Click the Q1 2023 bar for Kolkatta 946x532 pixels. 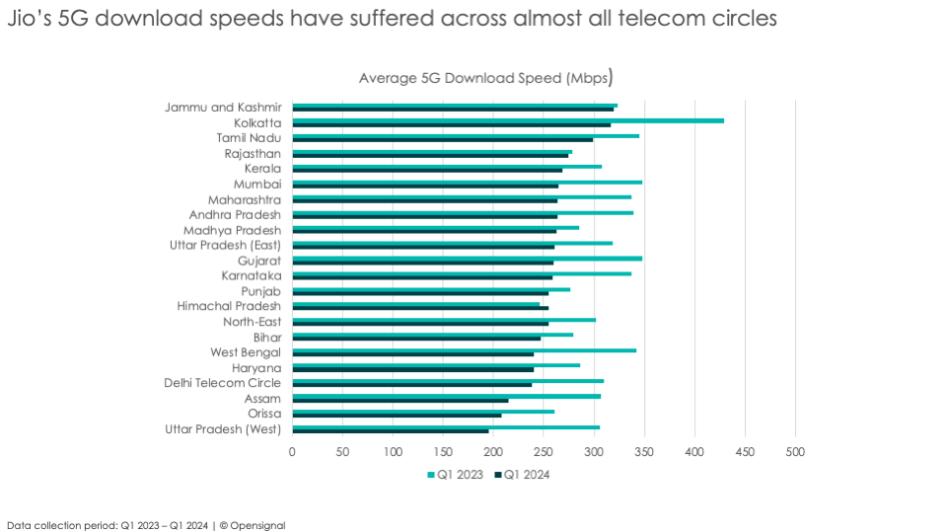coord(508,120)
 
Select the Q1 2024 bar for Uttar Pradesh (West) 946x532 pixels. coord(391,431)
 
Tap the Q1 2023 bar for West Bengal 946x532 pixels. coord(464,349)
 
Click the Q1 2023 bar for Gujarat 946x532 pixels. coord(467,258)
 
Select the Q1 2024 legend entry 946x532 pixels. coord(526,475)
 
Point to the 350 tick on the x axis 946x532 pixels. coord(644,452)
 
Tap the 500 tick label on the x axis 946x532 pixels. coord(795,452)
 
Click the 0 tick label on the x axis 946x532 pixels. coord(292,452)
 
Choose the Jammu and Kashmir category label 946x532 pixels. coord(223,107)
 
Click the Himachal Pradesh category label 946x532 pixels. coord(229,306)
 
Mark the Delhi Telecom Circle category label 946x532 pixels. coord(222,383)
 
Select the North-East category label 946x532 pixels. coord(252,322)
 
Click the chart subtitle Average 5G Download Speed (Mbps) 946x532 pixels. coord(485,77)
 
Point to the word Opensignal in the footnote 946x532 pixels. coord(258,525)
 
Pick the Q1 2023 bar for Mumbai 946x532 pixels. coord(467,182)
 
